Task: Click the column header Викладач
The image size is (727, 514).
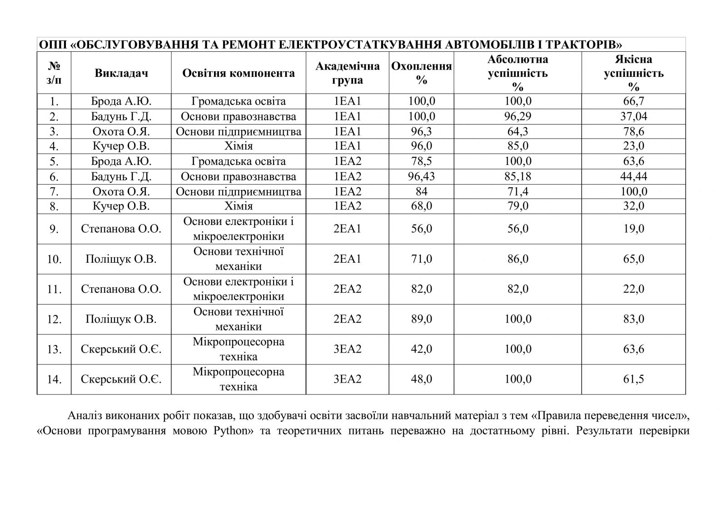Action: tap(121, 73)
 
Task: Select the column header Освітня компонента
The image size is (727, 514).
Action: tap(239, 73)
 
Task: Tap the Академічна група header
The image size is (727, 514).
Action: tap(348, 73)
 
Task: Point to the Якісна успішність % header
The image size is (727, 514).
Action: tap(633, 73)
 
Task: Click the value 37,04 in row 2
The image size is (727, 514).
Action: tap(633, 116)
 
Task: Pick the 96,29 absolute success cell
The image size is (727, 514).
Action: tap(518, 116)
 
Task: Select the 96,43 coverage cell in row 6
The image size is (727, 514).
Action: tap(421, 176)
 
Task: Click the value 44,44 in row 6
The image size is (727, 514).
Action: tap(633, 176)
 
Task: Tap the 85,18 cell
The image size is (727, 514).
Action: tap(518, 176)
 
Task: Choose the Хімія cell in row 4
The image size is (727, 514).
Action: tap(239, 146)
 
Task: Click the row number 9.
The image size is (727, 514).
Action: tap(54, 229)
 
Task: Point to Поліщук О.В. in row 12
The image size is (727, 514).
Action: tap(121, 319)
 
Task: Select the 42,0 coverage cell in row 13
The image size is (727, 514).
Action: tap(421, 349)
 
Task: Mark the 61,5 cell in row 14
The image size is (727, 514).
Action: tap(633, 379)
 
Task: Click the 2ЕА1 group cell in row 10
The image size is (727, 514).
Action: tap(348, 259)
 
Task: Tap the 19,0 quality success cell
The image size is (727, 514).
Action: tap(633, 229)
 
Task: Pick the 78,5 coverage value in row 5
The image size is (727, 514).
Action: tap(421, 161)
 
